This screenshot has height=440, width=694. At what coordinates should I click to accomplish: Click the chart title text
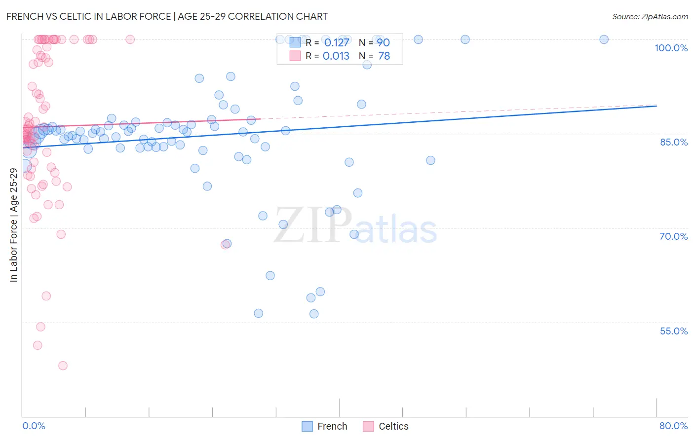click(167, 16)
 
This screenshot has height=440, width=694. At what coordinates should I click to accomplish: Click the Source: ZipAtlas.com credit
click(650, 16)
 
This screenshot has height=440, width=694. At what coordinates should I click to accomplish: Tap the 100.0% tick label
click(671, 48)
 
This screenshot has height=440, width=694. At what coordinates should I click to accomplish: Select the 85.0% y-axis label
click(673, 142)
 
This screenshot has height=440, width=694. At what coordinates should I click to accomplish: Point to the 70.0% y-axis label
click(673, 236)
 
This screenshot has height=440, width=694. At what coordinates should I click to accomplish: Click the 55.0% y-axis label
click(673, 331)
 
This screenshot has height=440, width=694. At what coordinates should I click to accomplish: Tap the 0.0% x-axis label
click(34, 426)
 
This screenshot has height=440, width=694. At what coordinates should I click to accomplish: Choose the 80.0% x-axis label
click(673, 426)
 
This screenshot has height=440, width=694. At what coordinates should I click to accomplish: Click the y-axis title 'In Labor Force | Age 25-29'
click(13, 225)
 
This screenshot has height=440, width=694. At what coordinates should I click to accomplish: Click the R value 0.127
click(336, 42)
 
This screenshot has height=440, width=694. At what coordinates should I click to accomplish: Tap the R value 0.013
click(336, 56)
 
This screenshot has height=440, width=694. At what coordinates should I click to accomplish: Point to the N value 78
click(384, 56)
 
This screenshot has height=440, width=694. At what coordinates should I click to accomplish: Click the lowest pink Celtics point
click(63, 366)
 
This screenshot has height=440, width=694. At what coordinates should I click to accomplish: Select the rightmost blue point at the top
click(604, 39)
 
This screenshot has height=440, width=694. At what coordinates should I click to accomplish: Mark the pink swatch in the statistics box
click(295, 56)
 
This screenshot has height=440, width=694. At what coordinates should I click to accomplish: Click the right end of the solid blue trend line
click(656, 106)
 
